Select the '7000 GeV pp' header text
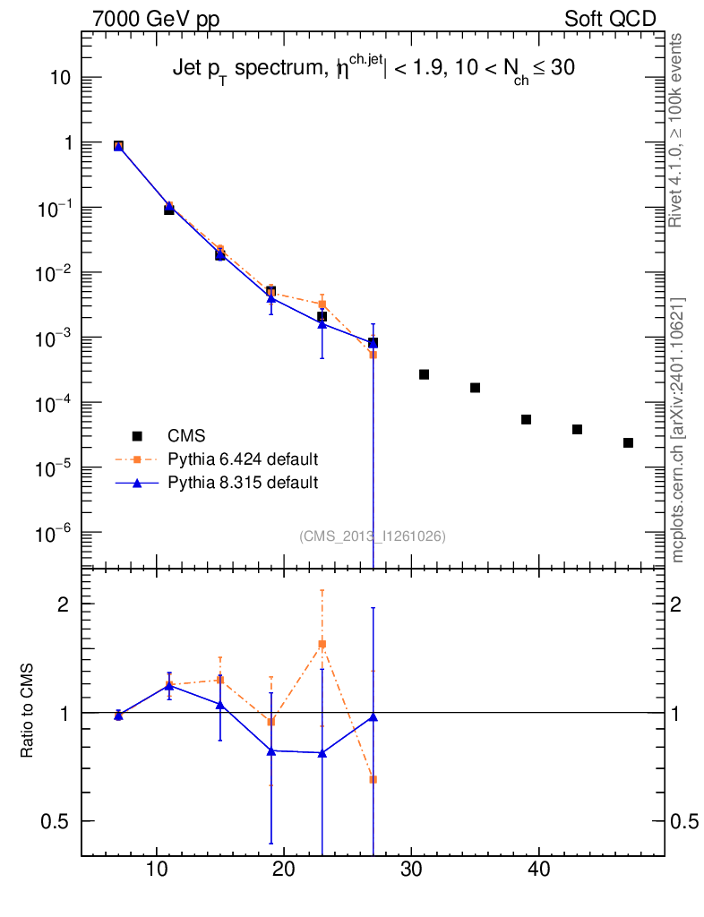(x=156, y=19)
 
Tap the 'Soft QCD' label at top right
(x=611, y=19)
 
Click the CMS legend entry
(x=186, y=436)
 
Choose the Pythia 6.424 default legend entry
(x=243, y=459)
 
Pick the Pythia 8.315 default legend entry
(x=243, y=483)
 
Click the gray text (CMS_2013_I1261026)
(x=373, y=536)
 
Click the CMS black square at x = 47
(x=628, y=442)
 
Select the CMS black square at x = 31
(x=425, y=374)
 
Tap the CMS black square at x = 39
(x=527, y=419)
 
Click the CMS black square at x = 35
(x=476, y=388)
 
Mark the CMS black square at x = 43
(x=578, y=430)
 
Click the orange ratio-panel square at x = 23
(x=322, y=644)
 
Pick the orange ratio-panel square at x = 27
(x=373, y=779)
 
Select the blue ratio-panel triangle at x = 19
(x=271, y=750)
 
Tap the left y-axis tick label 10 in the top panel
(x=59, y=78)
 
